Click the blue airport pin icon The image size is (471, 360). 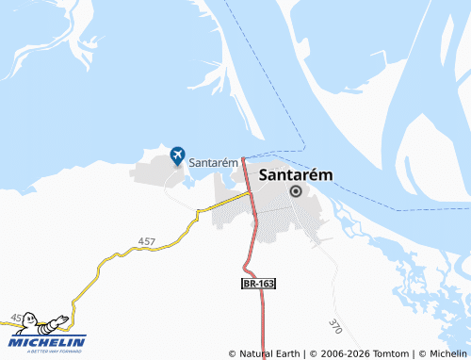tap(177, 155)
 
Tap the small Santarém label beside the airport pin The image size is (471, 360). tap(212, 162)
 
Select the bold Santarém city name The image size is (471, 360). tap(295, 173)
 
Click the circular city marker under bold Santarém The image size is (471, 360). tap(296, 190)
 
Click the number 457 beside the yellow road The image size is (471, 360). tap(146, 242)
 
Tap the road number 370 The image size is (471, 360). tap(334, 326)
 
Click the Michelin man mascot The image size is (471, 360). tap(28, 323)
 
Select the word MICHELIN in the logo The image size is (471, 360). tap(47, 341)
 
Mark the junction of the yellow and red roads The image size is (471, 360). tap(251, 192)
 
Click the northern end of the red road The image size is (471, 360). tap(243, 158)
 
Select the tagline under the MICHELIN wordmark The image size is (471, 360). tap(47, 351)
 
